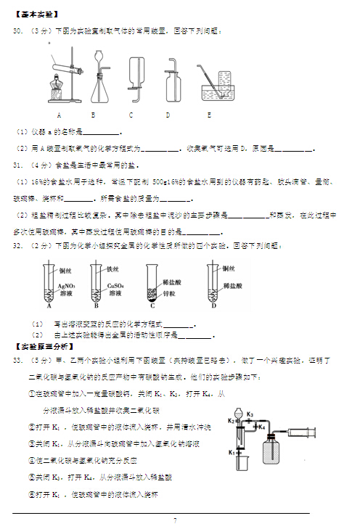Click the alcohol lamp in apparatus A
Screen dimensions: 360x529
[x=57, y=91]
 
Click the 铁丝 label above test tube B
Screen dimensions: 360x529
[x=111, y=269]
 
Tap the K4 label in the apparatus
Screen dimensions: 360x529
[x=261, y=427]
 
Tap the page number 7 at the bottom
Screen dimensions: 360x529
[x=175, y=520]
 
